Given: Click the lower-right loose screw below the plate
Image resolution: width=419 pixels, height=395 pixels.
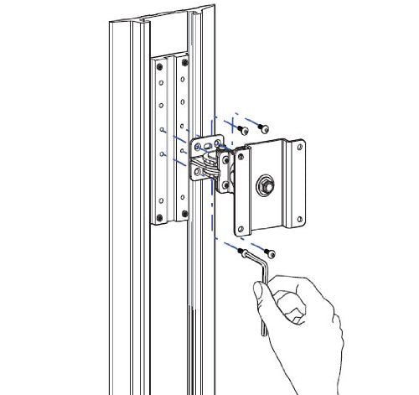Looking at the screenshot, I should [x=269, y=251].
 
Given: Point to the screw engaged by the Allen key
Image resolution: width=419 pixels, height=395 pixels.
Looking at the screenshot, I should [x=243, y=250].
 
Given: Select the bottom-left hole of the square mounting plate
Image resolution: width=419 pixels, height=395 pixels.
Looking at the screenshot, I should [x=241, y=227].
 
